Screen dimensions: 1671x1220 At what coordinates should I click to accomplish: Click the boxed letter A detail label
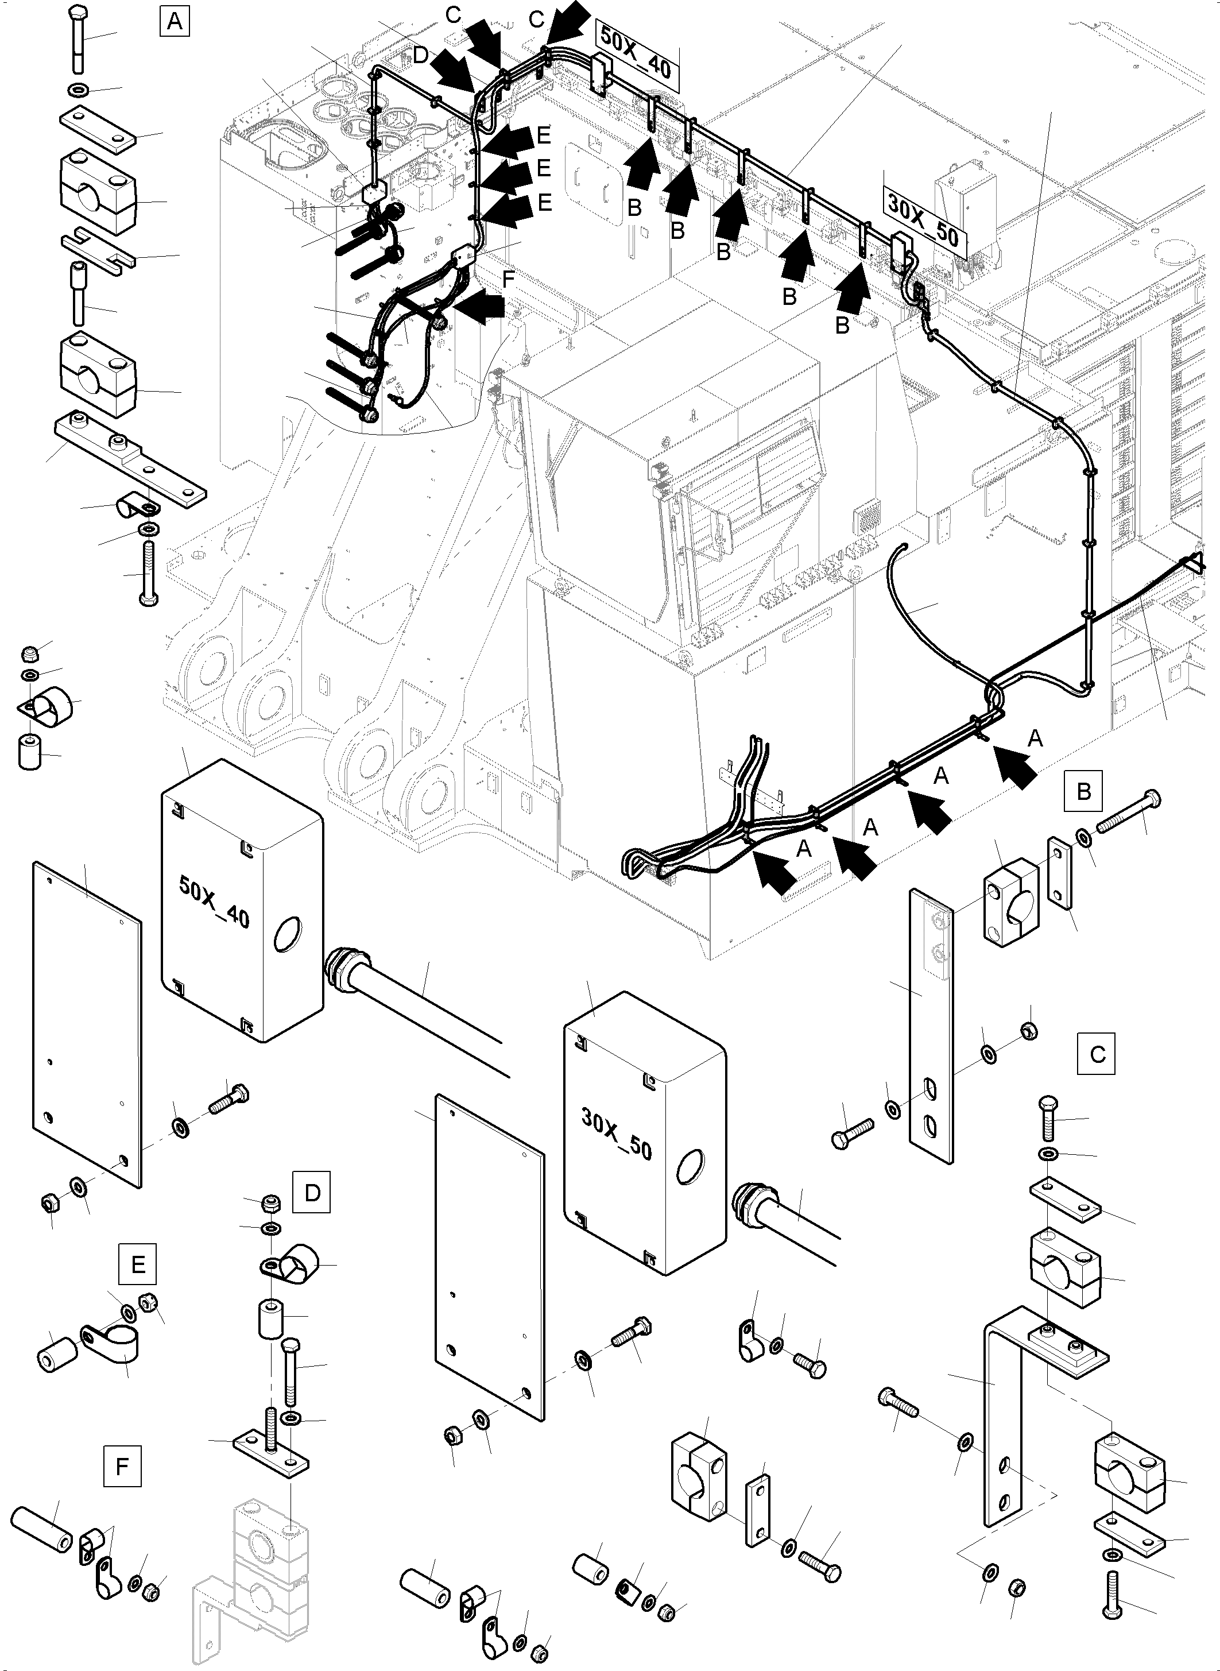pyautogui.click(x=175, y=21)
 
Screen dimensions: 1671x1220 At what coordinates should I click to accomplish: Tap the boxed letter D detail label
pyautogui.click(x=312, y=1193)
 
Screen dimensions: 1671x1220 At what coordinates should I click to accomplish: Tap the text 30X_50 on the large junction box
pyautogui.click(x=617, y=1134)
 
